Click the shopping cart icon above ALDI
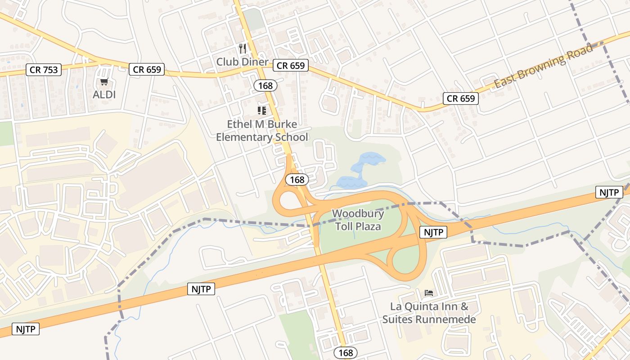[104, 82]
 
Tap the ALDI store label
[104, 94]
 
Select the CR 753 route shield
[43, 69]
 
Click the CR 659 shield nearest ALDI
[147, 69]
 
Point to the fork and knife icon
[243, 48]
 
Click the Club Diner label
[242, 62]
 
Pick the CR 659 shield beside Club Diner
[291, 65]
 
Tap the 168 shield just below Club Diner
[265, 85]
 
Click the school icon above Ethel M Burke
[262, 110]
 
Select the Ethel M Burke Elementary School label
[262, 130]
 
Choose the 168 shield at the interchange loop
[297, 180]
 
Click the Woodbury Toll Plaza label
[358, 220]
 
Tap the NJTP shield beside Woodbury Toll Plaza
[433, 232]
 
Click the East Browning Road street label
[544, 67]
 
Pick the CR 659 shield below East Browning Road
[461, 99]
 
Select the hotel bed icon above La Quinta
[429, 293]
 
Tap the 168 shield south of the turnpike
[346, 353]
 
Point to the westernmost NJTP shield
[26, 329]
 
